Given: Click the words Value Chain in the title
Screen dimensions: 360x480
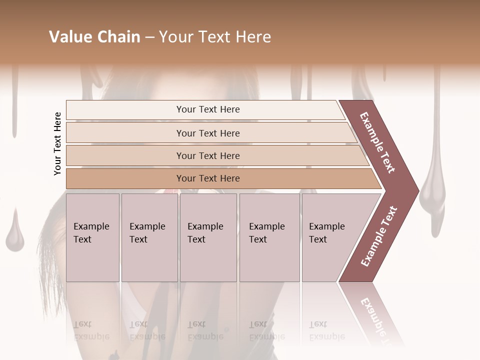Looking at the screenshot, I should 94,37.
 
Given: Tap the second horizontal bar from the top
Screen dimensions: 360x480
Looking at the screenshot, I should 207,133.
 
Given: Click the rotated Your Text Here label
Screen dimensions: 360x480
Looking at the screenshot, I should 58,143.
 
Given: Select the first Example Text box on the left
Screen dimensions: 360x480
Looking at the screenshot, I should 92,237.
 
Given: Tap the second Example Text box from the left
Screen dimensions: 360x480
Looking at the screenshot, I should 149,237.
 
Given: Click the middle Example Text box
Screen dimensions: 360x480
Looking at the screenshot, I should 207,237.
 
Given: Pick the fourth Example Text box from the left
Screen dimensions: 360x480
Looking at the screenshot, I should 269,237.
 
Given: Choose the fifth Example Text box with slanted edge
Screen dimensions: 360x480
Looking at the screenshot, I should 330,237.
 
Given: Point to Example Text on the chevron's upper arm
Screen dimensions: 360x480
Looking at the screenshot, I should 377,142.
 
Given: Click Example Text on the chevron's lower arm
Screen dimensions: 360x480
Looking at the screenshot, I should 379,236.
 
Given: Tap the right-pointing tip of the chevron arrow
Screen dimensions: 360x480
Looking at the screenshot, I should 415,190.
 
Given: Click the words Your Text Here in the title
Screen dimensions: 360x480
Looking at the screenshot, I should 215,37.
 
